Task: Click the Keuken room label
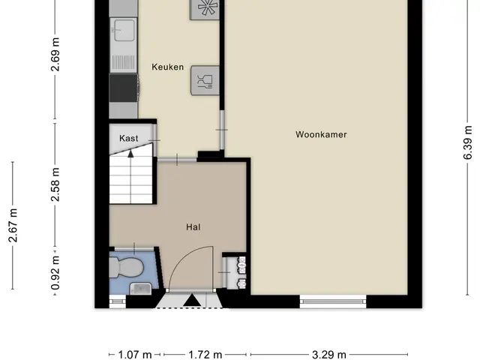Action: coord(168,67)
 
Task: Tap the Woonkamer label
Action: coord(321,134)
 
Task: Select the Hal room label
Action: coord(193,226)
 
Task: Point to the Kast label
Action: coord(129,138)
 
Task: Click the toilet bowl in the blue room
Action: coord(127,267)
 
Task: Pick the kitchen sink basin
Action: coord(124,30)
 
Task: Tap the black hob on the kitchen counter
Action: coord(123,88)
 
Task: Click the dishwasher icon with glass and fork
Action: coord(205,80)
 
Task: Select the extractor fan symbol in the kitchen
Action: coord(204,7)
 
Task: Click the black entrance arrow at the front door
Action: coord(192,300)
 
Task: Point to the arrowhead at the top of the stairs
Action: coord(130,153)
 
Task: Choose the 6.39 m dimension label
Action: coord(467,142)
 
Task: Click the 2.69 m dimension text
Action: coord(55,55)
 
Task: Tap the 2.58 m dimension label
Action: coord(55,184)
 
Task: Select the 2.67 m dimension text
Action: coord(13,225)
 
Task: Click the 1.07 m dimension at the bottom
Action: coord(135,355)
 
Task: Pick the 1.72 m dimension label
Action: coord(205,355)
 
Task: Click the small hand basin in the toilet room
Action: coord(141,289)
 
